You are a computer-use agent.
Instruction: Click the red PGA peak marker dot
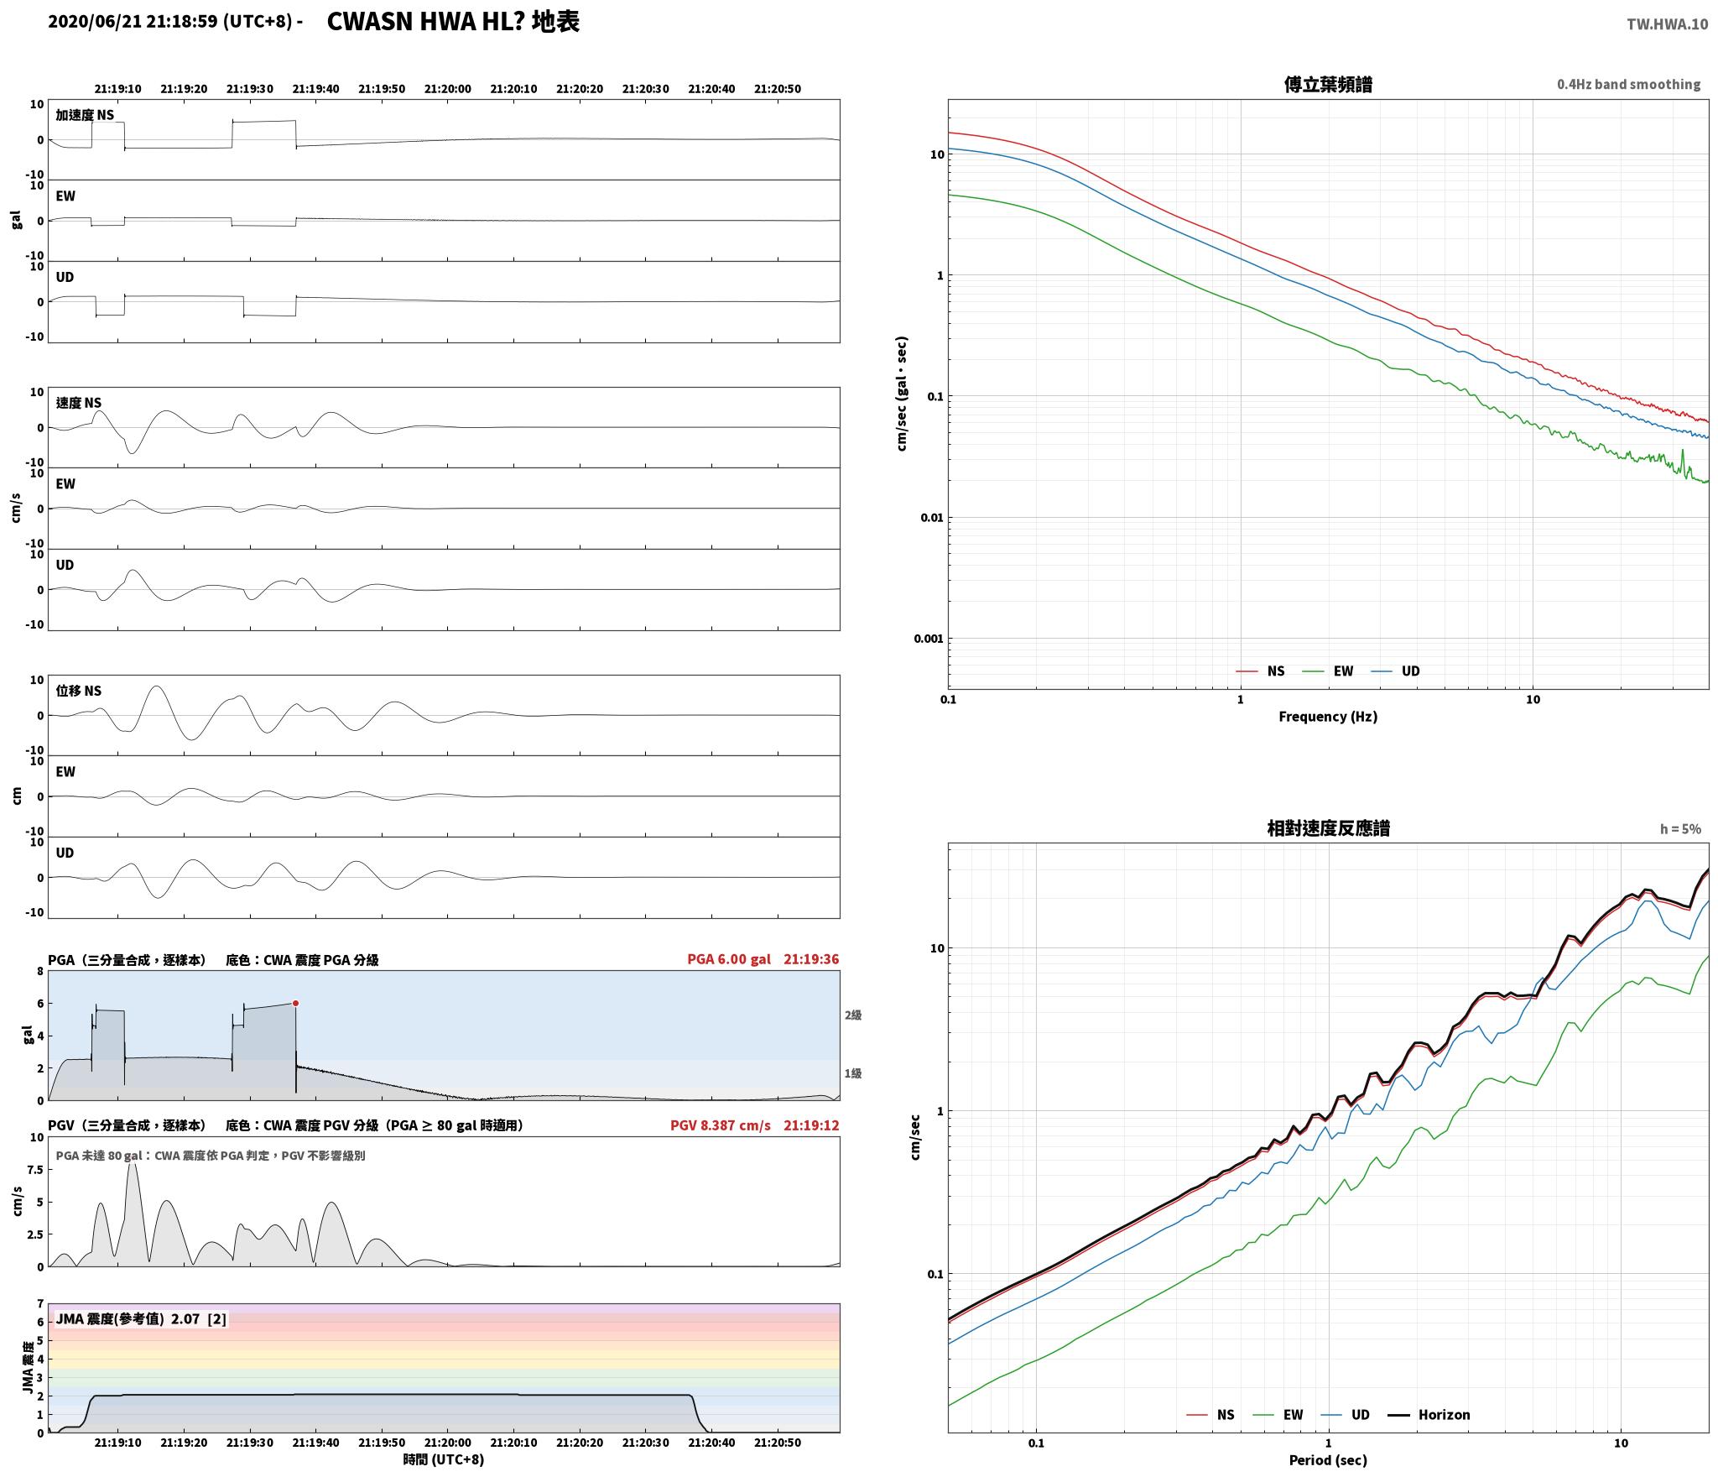click(295, 1003)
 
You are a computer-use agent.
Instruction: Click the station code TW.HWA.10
click(1667, 24)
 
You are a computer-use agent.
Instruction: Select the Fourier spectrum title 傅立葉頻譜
click(1328, 84)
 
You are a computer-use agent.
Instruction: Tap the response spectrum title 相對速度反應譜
click(1328, 828)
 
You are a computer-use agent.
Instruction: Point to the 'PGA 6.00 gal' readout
click(729, 959)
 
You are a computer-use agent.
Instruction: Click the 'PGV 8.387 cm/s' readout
click(721, 1125)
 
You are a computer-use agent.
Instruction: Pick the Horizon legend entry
click(1429, 1415)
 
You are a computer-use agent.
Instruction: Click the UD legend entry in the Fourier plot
click(1395, 671)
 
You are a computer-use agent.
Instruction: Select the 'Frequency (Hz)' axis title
click(1328, 717)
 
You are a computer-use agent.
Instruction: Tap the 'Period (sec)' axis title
click(1328, 1460)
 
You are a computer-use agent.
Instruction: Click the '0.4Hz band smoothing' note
click(1629, 85)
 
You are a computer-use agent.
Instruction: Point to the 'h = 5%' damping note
click(1680, 829)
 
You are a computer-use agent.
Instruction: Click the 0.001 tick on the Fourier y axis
click(929, 639)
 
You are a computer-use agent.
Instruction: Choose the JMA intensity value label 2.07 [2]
click(199, 1319)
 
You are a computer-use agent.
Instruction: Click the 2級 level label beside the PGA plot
click(853, 1015)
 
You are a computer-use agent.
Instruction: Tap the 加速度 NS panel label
click(85, 115)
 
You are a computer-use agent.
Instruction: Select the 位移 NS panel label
click(79, 691)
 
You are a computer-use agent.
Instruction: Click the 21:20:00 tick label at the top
click(447, 89)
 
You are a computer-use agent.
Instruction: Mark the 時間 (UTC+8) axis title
click(443, 1459)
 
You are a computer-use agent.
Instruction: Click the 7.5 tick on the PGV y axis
click(34, 1170)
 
